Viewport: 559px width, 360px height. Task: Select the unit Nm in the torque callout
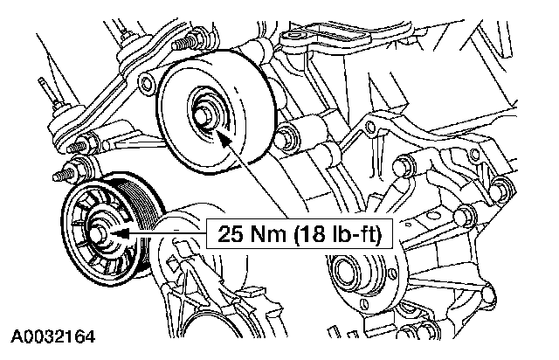[x=255, y=234]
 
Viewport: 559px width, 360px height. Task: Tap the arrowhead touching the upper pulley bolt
[x=223, y=134]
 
